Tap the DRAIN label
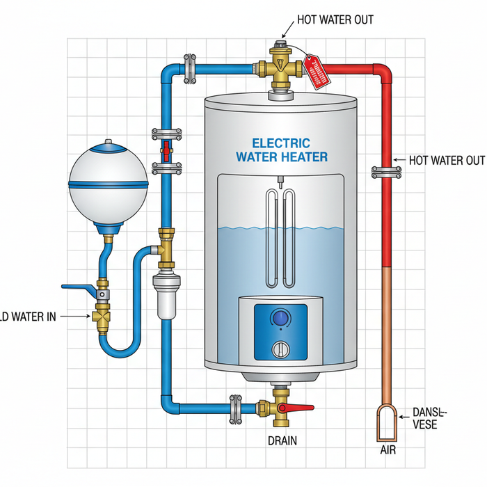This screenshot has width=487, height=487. point(282,440)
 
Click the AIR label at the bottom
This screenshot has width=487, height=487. point(388,451)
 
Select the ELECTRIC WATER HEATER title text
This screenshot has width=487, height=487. point(280,149)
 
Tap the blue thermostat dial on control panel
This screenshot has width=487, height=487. point(280,319)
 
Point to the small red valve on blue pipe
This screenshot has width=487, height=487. point(166,149)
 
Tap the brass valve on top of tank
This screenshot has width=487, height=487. point(281,67)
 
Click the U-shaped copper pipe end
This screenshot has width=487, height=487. point(388,422)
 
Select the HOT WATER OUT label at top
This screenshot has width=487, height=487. point(335,19)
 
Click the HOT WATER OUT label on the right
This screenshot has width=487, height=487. point(446,161)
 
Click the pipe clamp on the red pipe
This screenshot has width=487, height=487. point(383,171)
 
